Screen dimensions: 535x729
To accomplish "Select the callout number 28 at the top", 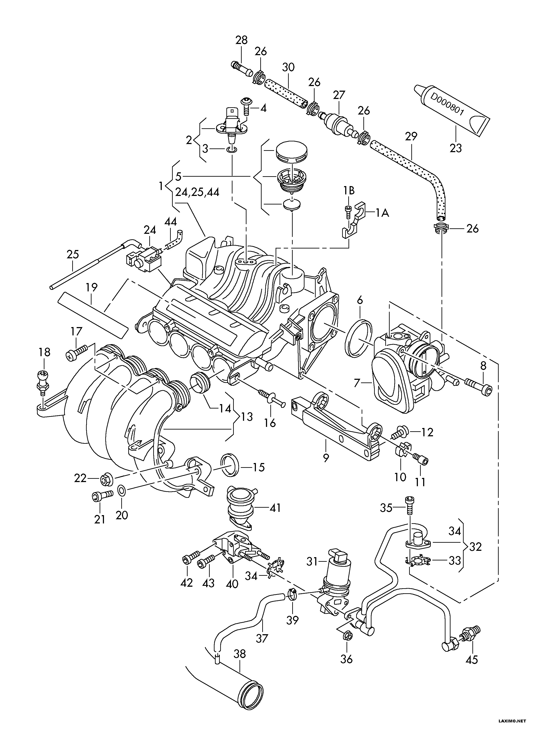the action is tap(241, 40).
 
